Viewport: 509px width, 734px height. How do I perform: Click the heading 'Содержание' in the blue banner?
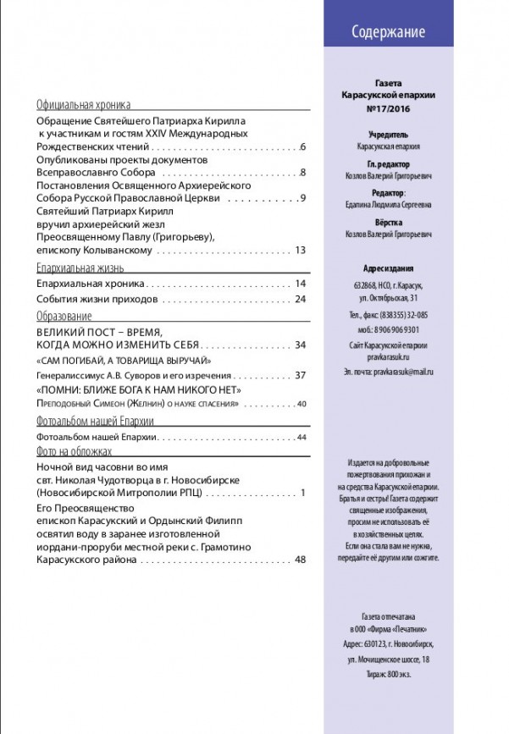(388, 33)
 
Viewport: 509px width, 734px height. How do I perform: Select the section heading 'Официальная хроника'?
(83, 106)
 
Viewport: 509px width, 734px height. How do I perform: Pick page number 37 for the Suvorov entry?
(300, 375)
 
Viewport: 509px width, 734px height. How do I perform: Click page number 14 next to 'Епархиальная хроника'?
(300, 283)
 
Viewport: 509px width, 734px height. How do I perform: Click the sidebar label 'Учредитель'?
(389, 134)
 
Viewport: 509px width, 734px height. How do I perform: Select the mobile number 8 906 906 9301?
(389, 329)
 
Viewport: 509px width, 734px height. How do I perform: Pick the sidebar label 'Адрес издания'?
(389, 264)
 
